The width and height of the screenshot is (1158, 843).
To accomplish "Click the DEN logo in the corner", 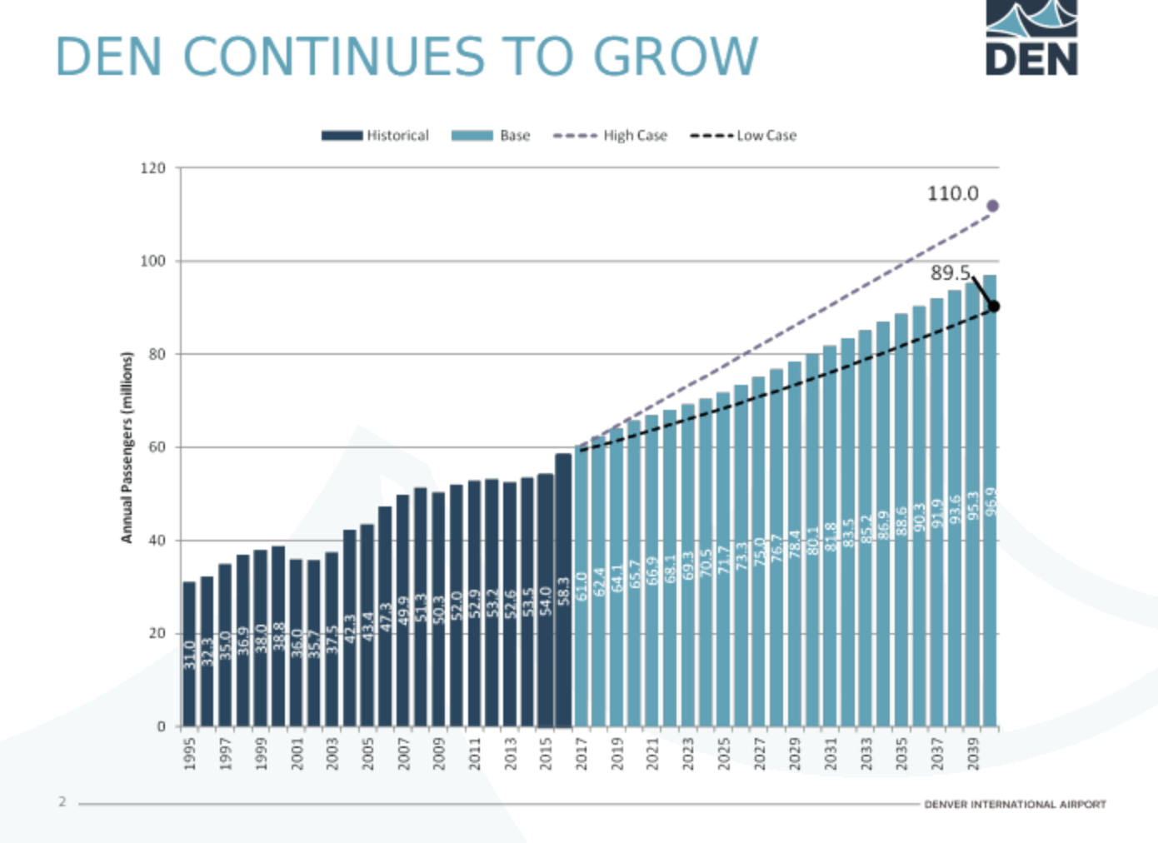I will pyautogui.click(x=1031, y=38).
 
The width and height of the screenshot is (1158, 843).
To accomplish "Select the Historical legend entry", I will pyautogui.click(x=376, y=136).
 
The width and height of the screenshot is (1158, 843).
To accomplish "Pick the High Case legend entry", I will pyautogui.click(x=611, y=136).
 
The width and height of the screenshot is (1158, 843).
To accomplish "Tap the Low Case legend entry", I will pyautogui.click(x=743, y=136).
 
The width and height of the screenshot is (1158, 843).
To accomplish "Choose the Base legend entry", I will pyautogui.click(x=491, y=136).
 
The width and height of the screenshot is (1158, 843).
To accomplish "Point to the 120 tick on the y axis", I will pyautogui.click(x=153, y=168).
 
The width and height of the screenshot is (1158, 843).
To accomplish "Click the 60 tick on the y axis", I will pyautogui.click(x=157, y=447).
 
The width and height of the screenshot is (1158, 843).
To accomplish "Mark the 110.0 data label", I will pyautogui.click(x=952, y=194).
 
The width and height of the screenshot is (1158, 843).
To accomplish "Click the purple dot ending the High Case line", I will pyautogui.click(x=992, y=206).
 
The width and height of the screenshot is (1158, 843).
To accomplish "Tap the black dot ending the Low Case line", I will pyautogui.click(x=993, y=307).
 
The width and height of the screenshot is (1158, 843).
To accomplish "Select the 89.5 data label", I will pyautogui.click(x=950, y=273).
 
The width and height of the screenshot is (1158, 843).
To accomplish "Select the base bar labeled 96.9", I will pyautogui.click(x=990, y=500).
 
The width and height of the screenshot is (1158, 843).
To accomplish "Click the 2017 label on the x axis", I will pyautogui.click(x=581, y=753).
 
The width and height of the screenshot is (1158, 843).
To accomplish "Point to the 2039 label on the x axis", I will pyautogui.click(x=972, y=753).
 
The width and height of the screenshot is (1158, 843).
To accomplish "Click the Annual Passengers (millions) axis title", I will pyautogui.click(x=127, y=447).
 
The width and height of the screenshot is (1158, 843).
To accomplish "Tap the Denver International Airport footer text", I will pyautogui.click(x=1015, y=805).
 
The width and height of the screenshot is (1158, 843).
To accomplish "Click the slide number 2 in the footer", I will pyautogui.click(x=62, y=801).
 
